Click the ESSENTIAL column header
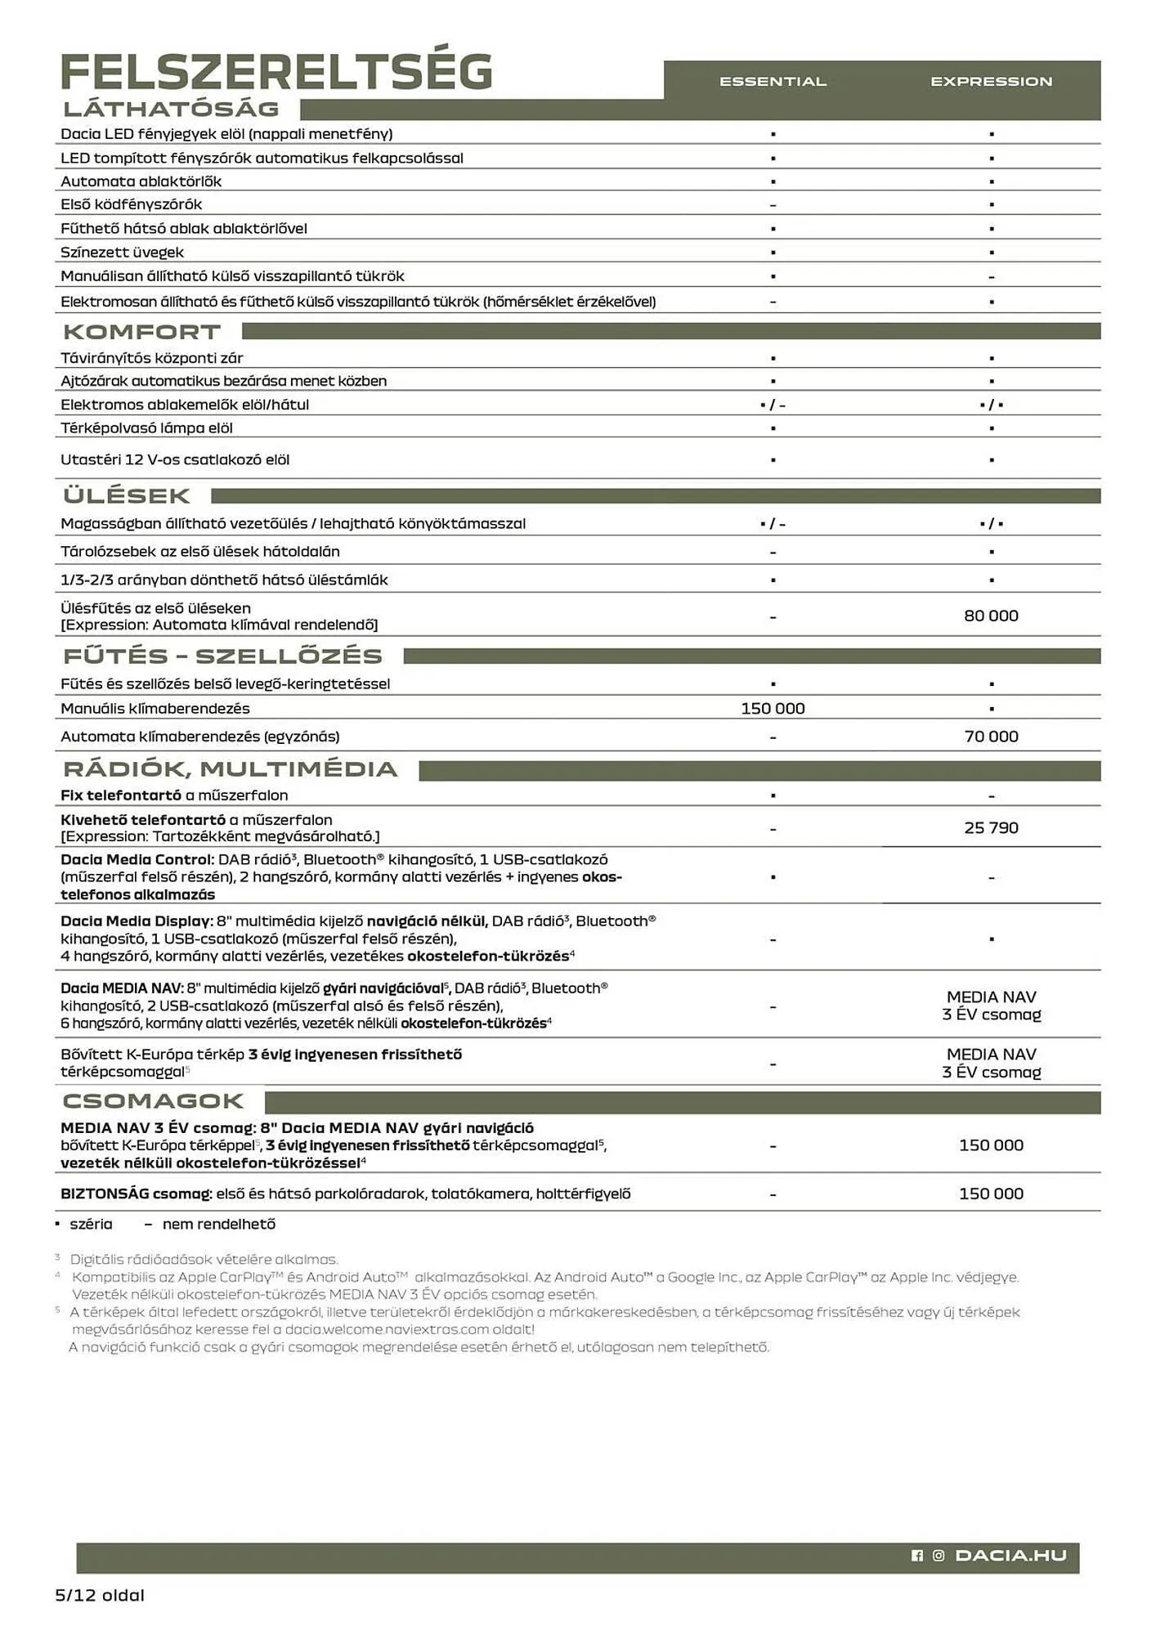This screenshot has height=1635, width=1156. pos(773,82)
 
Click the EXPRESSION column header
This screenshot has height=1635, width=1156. pos(991,82)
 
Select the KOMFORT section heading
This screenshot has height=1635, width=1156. pos(142,332)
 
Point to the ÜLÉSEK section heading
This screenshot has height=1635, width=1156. pos(127,495)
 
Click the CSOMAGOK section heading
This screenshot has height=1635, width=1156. pos(154,1101)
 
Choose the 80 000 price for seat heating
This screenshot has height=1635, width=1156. pos(991,616)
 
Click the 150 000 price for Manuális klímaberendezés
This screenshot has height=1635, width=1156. pos(773,709)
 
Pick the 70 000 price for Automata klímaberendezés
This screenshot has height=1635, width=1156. pos(991,737)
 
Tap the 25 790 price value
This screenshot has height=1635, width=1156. pos(991,828)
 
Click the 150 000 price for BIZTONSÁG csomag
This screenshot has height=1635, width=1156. pos(991,1194)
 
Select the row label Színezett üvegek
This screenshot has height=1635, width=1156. pos(122,253)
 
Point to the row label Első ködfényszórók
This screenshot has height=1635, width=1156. pos(131,204)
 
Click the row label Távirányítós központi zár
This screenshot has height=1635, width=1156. pos(151,358)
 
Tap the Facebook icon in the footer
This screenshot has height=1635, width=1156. pos(917,1556)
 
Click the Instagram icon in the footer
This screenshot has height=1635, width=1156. pos(939,1556)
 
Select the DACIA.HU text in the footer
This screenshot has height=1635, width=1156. pos(1010,1556)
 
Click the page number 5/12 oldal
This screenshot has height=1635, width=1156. pos(100,1595)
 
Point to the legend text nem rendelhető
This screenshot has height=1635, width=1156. pos(218,1224)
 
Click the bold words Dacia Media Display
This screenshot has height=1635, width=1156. pos(137,921)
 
